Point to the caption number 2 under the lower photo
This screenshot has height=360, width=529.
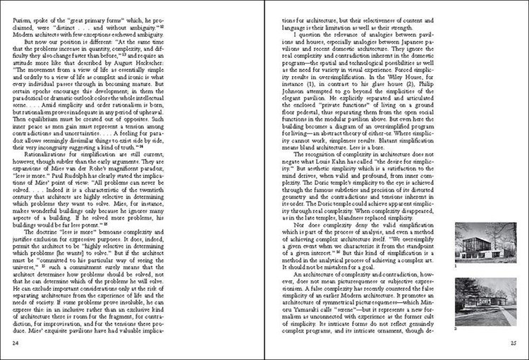[x=457, y=328]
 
